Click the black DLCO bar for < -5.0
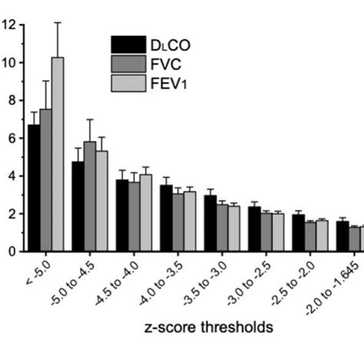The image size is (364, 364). point(34,188)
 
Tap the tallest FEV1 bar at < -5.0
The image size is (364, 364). point(57,154)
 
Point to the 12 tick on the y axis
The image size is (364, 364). point(8,25)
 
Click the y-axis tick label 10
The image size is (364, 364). point(8,62)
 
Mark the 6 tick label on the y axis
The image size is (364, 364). point(10,137)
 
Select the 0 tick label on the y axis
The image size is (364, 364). point(10,251)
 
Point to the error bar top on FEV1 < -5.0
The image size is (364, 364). point(57,23)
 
